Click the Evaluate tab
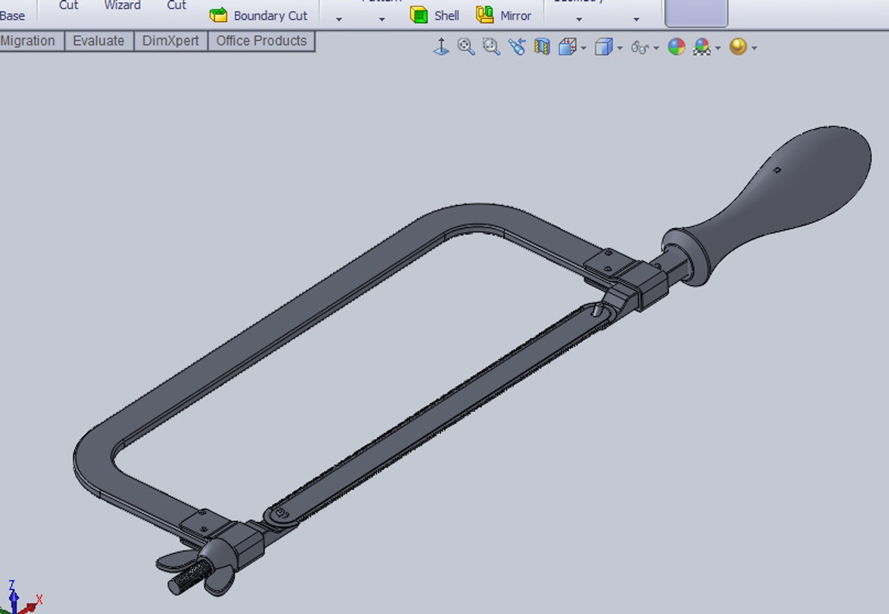98,41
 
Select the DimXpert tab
170,41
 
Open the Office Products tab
261,41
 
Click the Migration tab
28,41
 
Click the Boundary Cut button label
270,16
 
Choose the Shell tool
446,16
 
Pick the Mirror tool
515,16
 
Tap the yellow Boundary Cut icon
219,15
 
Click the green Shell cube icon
419,15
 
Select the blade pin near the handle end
596,310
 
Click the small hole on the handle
777,170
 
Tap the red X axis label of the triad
39,599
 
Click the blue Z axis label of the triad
11,585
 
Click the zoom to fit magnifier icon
466,47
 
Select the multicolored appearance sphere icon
676,47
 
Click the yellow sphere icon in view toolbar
738,47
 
